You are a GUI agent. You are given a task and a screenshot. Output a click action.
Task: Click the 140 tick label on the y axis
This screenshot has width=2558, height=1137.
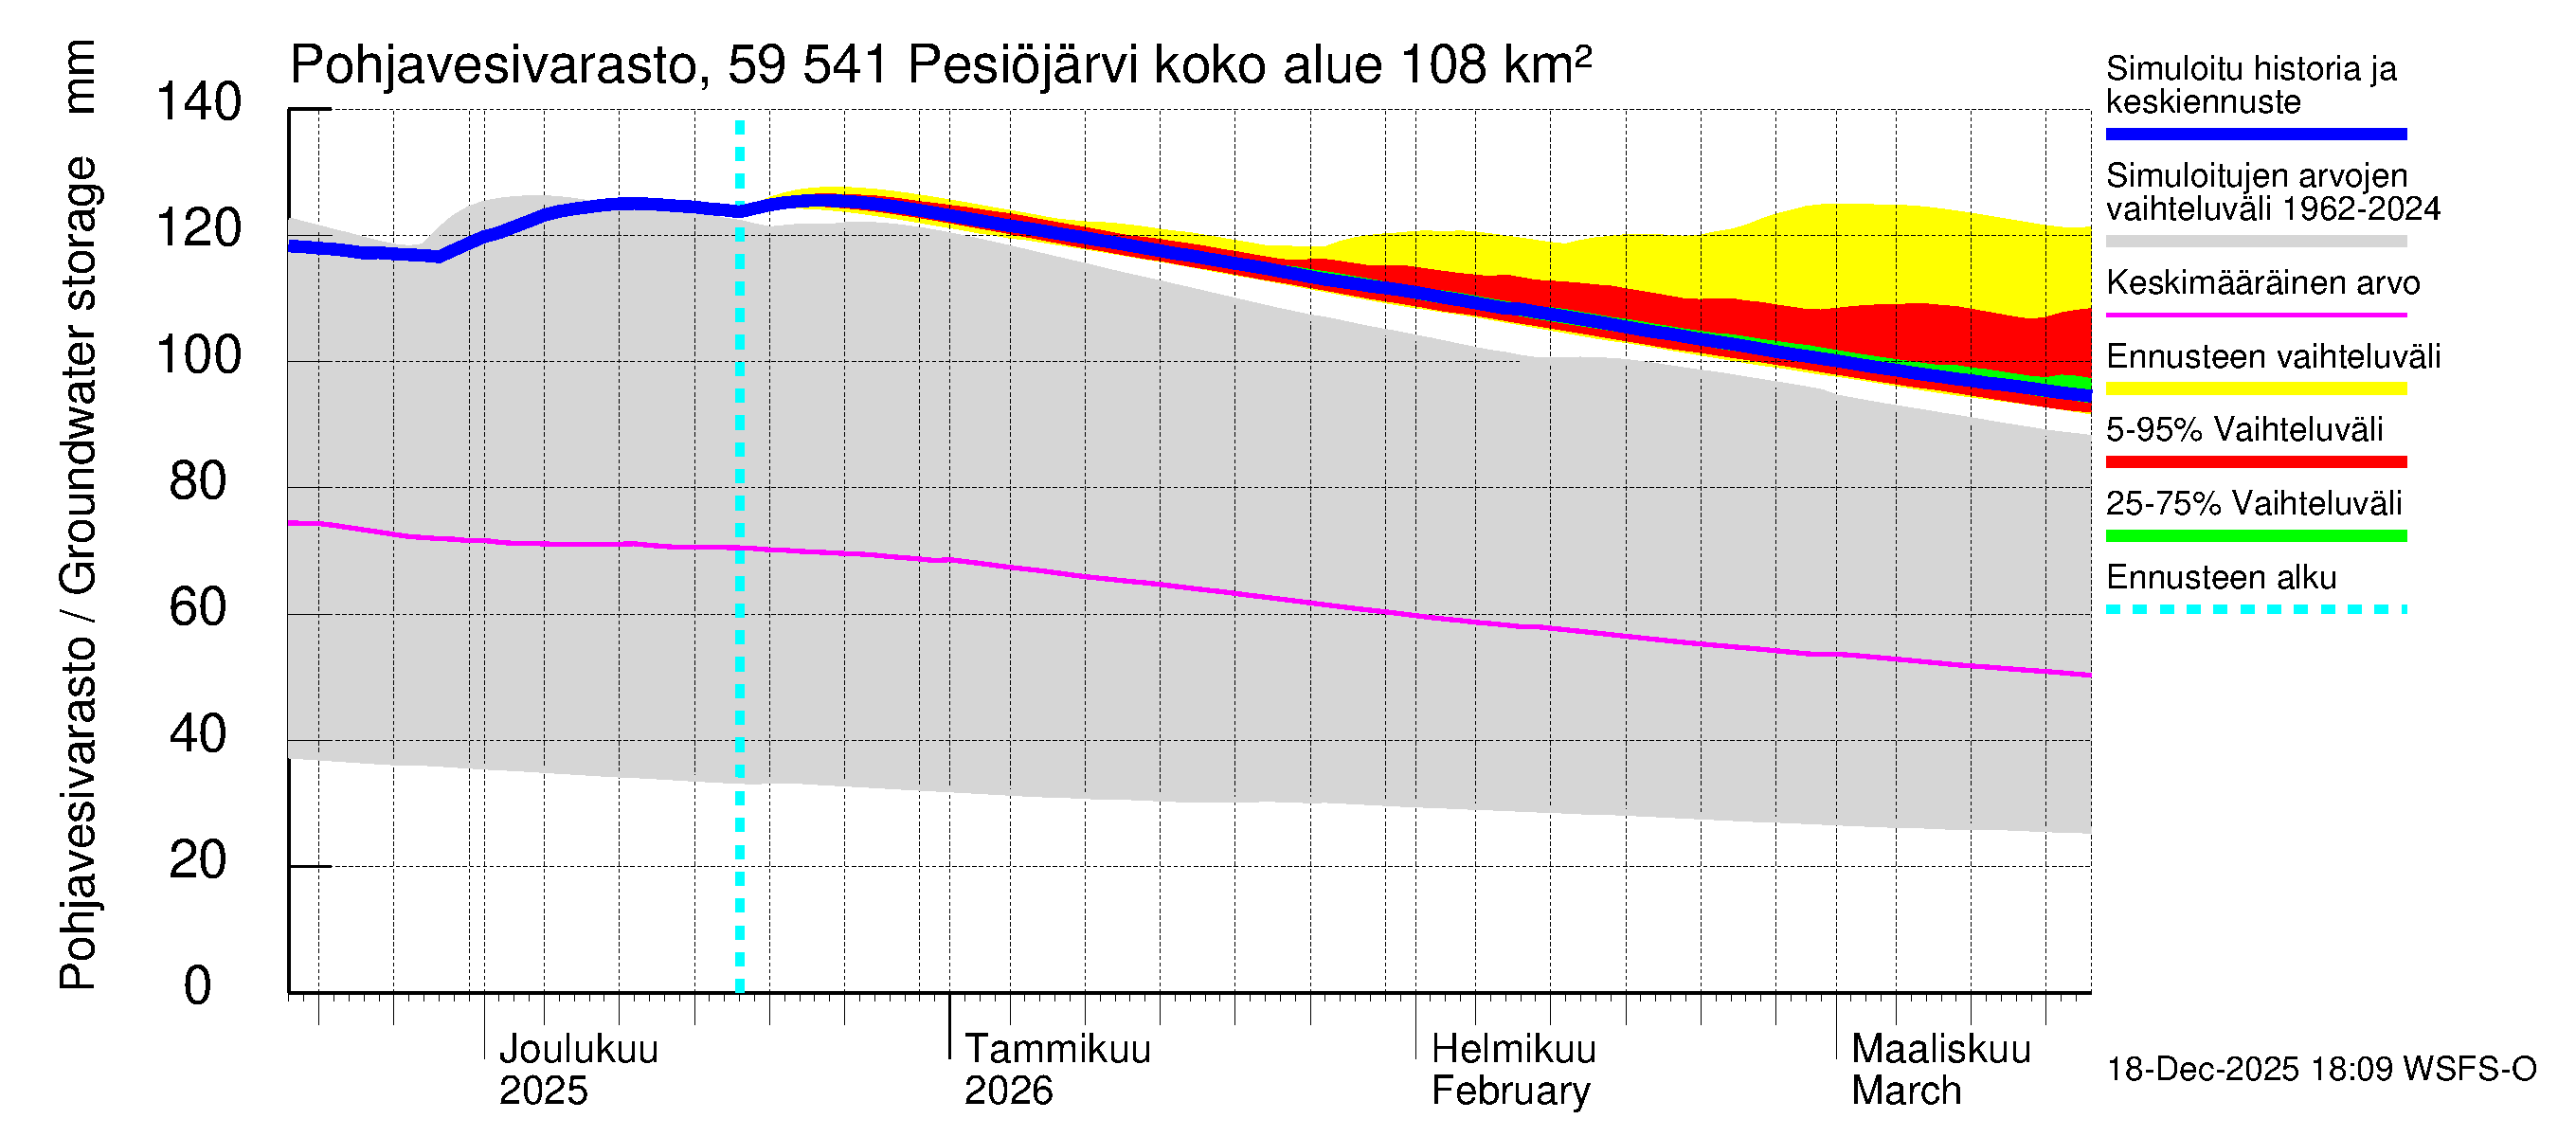pyautogui.click(x=199, y=103)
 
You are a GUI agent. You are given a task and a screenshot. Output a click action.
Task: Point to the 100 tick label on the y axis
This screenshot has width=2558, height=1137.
pyautogui.click(x=199, y=355)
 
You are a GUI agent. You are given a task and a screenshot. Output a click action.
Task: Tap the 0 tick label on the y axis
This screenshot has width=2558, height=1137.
pyautogui.click(x=198, y=986)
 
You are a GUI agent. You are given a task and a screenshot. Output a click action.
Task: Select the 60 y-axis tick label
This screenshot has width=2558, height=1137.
pyautogui.click(x=199, y=607)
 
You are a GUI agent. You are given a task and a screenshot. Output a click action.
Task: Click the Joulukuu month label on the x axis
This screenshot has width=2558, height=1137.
pyautogui.click(x=578, y=1049)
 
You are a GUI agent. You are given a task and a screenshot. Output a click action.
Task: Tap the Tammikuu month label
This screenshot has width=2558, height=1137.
pyautogui.click(x=1057, y=1049)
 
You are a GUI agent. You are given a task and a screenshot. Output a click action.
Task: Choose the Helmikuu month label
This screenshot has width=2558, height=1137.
pyautogui.click(x=1513, y=1049)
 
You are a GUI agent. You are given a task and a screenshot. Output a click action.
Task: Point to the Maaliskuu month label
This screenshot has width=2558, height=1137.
pyautogui.click(x=1941, y=1049)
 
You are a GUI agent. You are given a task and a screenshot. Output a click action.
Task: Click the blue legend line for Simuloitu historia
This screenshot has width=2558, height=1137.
pyautogui.click(x=2256, y=134)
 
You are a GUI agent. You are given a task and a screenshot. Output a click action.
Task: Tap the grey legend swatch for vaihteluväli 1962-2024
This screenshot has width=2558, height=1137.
pyautogui.click(x=2256, y=242)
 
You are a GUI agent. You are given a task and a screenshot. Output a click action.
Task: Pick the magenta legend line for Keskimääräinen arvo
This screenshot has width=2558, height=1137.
pyautogui.click(x=2256, y=315)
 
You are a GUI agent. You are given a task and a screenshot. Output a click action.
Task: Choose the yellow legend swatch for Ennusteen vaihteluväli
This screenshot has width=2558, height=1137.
pyautogui.click(x=2256, y=388)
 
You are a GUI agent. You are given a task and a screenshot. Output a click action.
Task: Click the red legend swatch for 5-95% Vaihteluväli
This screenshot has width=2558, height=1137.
pyautogui.click(x=2256, y=461)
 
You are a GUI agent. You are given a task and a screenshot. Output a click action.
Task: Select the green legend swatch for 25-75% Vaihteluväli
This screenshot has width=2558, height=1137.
pyautogui.click(x=2256, y=536)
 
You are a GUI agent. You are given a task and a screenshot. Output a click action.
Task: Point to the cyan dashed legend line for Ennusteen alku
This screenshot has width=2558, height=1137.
pyautogui.click(x=2256, y=609)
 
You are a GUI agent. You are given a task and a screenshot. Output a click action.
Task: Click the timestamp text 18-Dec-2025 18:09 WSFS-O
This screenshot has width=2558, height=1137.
pyautogui.click(x=2320, y=1070)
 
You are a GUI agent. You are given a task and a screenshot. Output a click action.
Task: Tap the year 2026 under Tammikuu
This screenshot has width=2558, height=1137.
pyautogui.click(x=1008, y=1092)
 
